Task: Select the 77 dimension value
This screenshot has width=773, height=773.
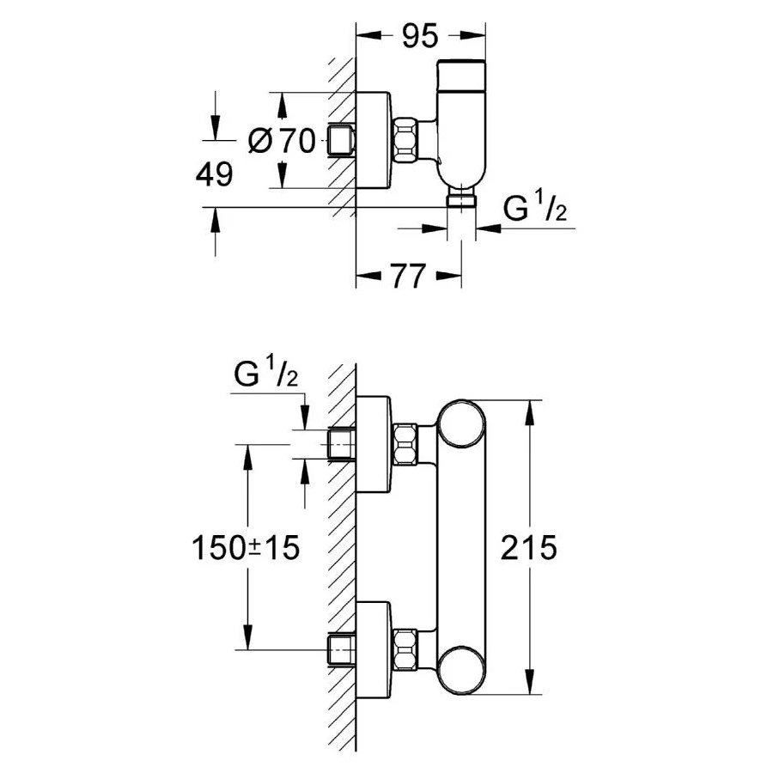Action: (409, 277)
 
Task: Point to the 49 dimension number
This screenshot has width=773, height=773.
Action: (214, 174)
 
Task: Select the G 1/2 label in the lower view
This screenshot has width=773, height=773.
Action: (265, 375)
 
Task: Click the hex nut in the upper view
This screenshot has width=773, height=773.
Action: (407, 140)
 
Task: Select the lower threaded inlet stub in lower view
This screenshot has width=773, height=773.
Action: (343, 650)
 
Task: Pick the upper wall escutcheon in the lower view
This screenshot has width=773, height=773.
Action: (375, 446)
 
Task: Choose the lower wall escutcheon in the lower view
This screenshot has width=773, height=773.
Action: (375, 650)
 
